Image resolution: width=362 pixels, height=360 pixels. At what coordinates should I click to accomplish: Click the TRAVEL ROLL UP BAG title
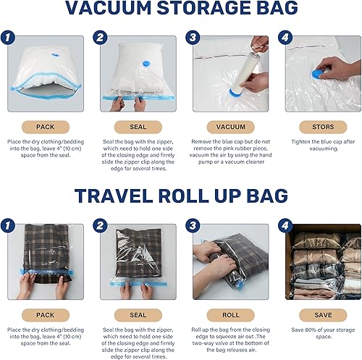click(x=181, y=196)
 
